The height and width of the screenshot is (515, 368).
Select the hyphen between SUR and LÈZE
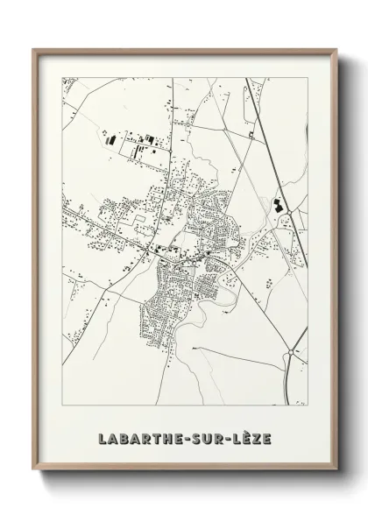(x=221, y=434)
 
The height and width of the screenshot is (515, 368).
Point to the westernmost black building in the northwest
(x=109, y=138)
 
